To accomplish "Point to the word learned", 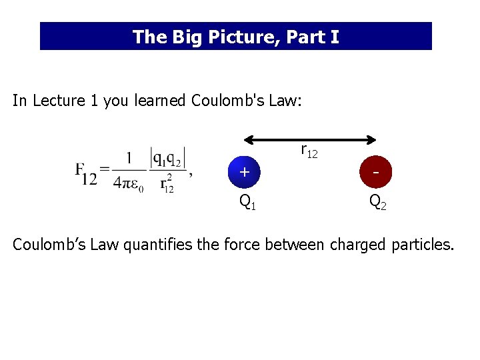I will [161, 101].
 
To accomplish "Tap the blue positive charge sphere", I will [244, 172].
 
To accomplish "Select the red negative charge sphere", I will [377, 172].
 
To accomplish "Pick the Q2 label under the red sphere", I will [378, 201].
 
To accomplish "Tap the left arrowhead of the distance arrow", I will [247, 140].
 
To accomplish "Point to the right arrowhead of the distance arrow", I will [375, 140].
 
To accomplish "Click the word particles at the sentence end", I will [423, 245].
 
